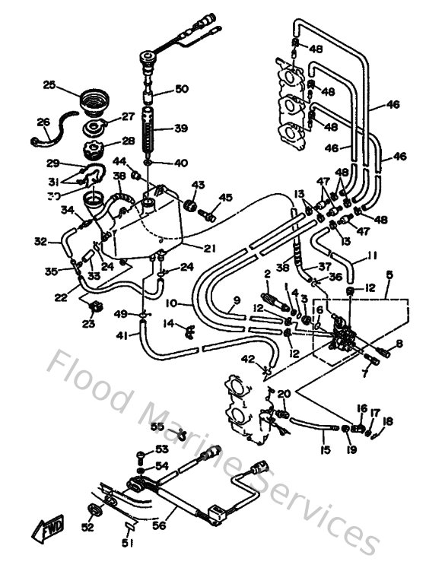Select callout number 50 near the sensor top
[x=180, y=89]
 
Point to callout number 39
[x=180, y=128]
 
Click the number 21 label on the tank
[x=209, y=248]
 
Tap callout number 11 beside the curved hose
[x=372, y=256]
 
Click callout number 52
[x=88, y=528]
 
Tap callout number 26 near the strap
[x=43, y=121]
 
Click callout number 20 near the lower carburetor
[x=284, y=394]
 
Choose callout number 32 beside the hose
[x=40, y=243]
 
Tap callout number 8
[x=397, y=344]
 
